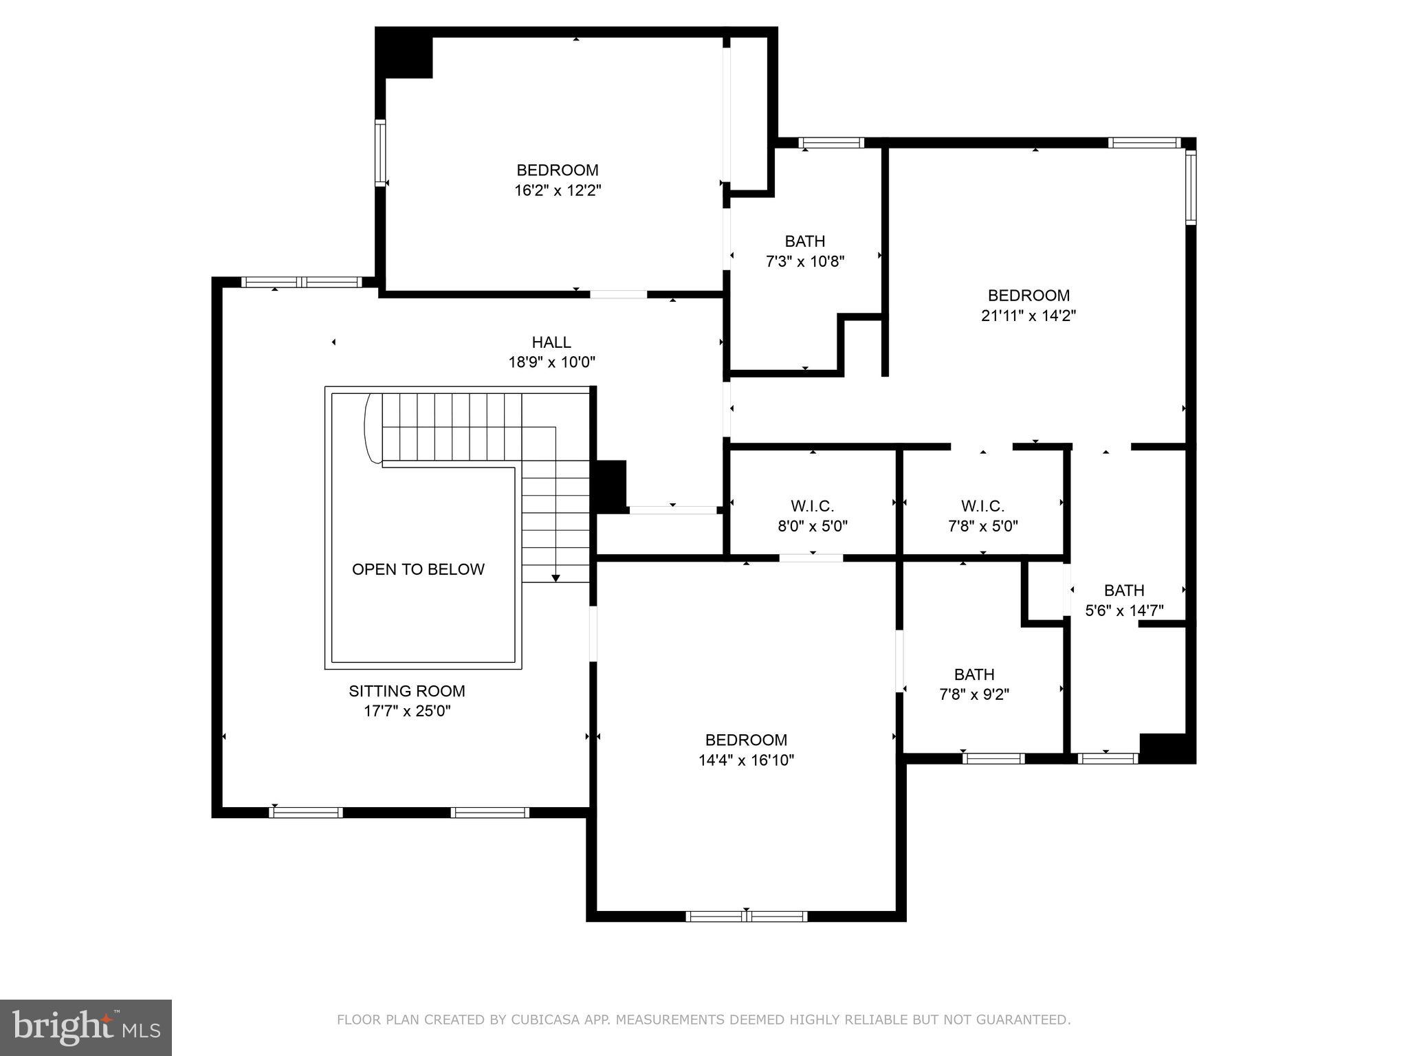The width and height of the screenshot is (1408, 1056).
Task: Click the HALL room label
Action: tap(551, 342)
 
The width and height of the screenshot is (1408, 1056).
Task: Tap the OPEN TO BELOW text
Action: tap(418, 569)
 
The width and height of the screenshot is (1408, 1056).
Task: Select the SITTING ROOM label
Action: tap(407, 691)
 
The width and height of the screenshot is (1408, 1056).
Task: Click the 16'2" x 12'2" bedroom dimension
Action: tap(558, 190)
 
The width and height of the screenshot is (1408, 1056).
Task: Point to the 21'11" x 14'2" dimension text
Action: tap(1028, 316)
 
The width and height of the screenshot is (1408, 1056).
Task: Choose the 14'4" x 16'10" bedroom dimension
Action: tap(746, 760)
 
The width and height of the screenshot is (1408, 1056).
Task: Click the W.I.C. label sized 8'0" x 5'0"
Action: tap(812, 507)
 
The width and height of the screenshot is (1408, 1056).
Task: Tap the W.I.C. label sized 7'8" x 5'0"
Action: tap(982, 507)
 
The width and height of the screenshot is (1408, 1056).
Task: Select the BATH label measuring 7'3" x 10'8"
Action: tap(805, 241)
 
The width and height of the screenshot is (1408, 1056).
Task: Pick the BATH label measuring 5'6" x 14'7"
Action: tap(1124, 591)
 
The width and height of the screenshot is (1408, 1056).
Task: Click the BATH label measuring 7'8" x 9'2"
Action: tap(974, 674)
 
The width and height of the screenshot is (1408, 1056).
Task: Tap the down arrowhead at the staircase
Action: tap(555, 578)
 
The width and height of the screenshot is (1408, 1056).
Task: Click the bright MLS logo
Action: tap(86, 1028)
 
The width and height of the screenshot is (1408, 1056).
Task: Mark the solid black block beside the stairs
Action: tap(610, 485)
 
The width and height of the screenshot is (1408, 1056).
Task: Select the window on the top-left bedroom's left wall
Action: tap(379, 153)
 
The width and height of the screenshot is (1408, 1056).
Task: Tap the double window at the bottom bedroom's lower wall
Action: tap(747, 916)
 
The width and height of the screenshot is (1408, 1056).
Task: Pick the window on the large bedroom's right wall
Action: tap(1191, 187)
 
